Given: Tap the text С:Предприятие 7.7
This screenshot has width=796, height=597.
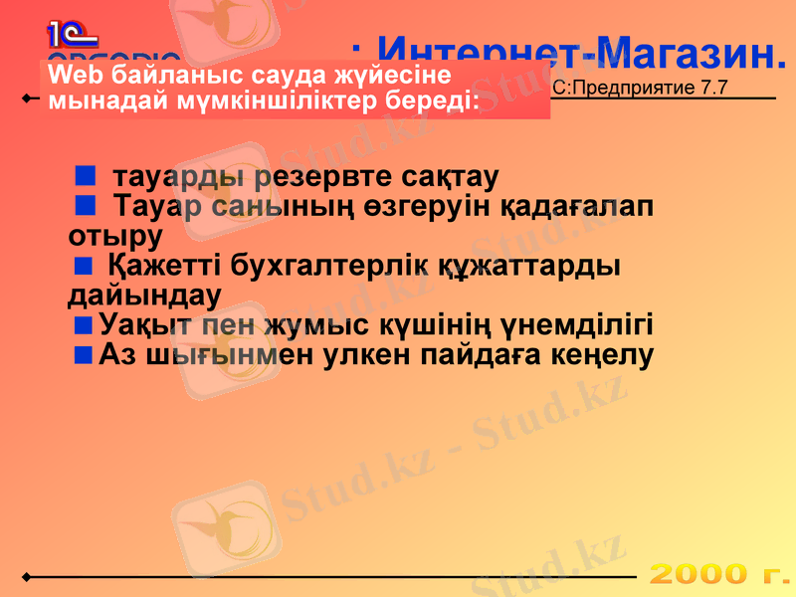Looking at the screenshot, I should coord(640,88).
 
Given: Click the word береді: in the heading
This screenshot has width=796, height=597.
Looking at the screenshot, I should coord(431,100).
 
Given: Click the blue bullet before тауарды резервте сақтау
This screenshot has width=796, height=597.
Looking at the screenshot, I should coord(85,177).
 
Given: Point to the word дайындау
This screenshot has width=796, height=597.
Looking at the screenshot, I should coord(144,296).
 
